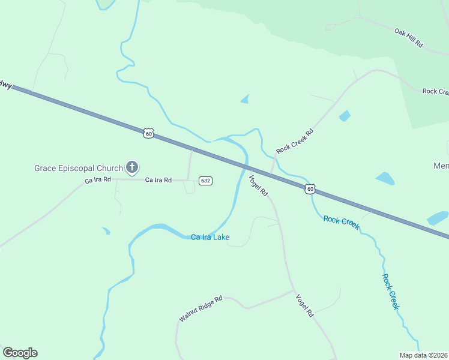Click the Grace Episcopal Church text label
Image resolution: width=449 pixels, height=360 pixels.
point(78,168)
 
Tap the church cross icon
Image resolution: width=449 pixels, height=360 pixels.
point(132,167)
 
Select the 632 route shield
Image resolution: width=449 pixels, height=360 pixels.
point(206,181)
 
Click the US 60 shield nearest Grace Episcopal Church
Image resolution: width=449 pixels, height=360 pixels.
point(149,133)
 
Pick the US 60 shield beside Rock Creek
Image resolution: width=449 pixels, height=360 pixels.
point(309,189)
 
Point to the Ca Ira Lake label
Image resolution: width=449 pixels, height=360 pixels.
point(210,238)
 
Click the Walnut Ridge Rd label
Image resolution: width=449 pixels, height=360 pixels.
point(201,308)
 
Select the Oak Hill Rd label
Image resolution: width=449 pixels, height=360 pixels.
point(409,37)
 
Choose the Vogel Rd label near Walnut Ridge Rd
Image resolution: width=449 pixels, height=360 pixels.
point(305,305)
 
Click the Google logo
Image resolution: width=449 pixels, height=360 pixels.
point(20,353)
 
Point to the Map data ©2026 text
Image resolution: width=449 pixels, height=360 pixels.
point(424,355)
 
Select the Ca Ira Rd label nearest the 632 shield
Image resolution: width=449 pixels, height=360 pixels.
point(158,180)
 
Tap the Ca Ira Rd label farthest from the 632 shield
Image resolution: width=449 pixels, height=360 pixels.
point(98,179)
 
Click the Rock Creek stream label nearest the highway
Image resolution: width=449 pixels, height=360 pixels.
point(342,223)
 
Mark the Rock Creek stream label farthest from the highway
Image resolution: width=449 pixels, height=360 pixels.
point(390,292)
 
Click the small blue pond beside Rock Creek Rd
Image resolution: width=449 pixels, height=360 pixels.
point(345,115)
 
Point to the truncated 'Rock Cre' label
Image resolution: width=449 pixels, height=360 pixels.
point(435,91)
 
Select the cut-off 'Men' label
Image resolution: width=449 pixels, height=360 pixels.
point(441,166)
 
